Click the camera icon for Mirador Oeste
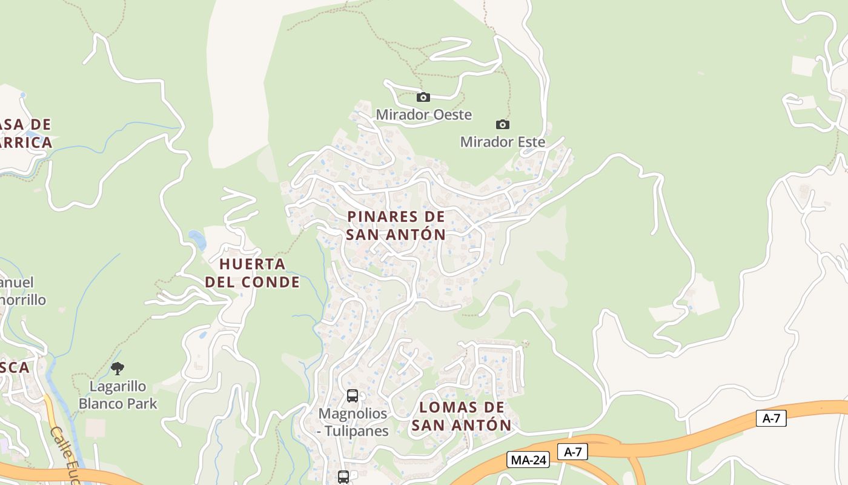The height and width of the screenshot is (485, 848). [423, 97]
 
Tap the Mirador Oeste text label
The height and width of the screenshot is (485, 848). [423, 115]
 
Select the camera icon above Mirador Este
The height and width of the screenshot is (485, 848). [502, 124]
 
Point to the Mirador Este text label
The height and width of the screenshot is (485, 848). [503, 142]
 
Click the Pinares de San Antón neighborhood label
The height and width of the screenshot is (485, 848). [396, 225]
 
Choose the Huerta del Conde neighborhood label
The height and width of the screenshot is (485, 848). [253, 273]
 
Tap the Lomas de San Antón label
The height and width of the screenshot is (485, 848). [462, 416]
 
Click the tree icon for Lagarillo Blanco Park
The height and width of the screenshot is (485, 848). [118, 368]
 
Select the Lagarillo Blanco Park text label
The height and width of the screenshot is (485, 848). [118, 395]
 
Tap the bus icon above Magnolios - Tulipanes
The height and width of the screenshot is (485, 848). [353, 396]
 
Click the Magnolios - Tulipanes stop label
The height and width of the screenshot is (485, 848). [353, 422]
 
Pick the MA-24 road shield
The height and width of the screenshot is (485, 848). [528, 460]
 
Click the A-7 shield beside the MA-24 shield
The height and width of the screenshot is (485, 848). [572, 452]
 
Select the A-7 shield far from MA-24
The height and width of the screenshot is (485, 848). [771, 418]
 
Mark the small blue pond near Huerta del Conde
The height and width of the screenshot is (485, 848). [197, 239]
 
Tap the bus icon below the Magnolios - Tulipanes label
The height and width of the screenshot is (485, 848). [343, 477]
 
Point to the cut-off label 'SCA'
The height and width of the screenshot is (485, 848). [15, 367]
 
